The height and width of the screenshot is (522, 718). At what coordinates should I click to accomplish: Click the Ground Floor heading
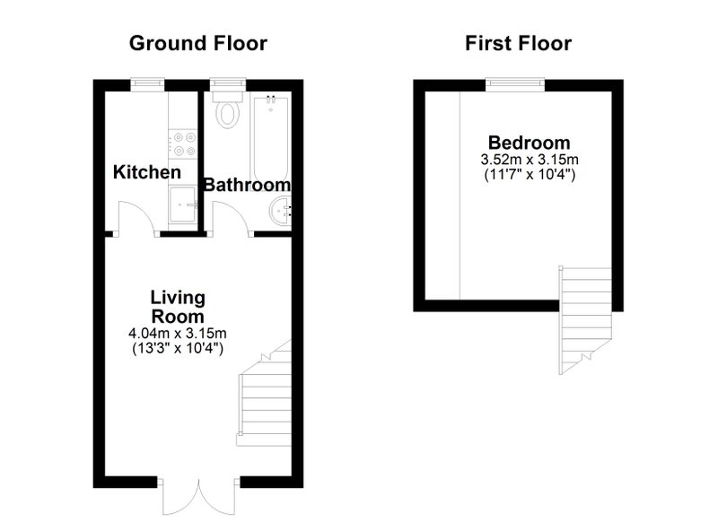pyautogui.click(x=197, y=43)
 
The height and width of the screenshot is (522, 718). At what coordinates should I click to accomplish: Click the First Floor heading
pyautogui.click(x=519, y=43)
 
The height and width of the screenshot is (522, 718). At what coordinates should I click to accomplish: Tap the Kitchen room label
pyautogui.click(x=147, y=172)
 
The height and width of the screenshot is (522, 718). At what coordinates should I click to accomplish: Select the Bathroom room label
pyautogui.click(x=247, y=185)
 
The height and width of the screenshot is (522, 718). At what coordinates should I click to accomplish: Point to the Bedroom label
pyautogui.click(x=529, y=143)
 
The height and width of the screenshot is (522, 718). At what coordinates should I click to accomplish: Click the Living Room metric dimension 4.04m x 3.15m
pyautogui.click(x=178, y=333)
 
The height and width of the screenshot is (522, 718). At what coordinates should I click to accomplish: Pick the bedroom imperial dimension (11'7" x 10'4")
pyautogui.click(x=530, y=175)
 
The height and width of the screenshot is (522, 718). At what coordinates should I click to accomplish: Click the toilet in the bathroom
pyautogui.click(x=228, y=109)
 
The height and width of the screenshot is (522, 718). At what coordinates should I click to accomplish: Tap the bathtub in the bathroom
pyautogui.click(x=270, y=140)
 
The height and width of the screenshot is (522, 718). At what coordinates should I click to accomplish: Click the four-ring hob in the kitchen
pyautogui.click(x=183, y=144)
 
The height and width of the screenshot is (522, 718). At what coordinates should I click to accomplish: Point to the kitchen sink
pyautogui.click(x=183, y=204)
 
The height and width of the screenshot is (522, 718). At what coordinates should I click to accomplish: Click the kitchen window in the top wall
pyautogui.click(x=147, y=84)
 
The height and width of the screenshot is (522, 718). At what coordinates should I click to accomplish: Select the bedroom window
pyautogui.click(x=515, y=84)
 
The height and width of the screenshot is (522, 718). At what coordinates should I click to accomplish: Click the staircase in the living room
pyautogui.click(x=265, y=394)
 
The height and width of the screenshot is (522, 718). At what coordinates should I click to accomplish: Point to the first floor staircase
pyautogui.click(x=585, y=320)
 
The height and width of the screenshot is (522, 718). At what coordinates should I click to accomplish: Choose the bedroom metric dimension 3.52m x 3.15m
pyautogui.click(x=530, y=160)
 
